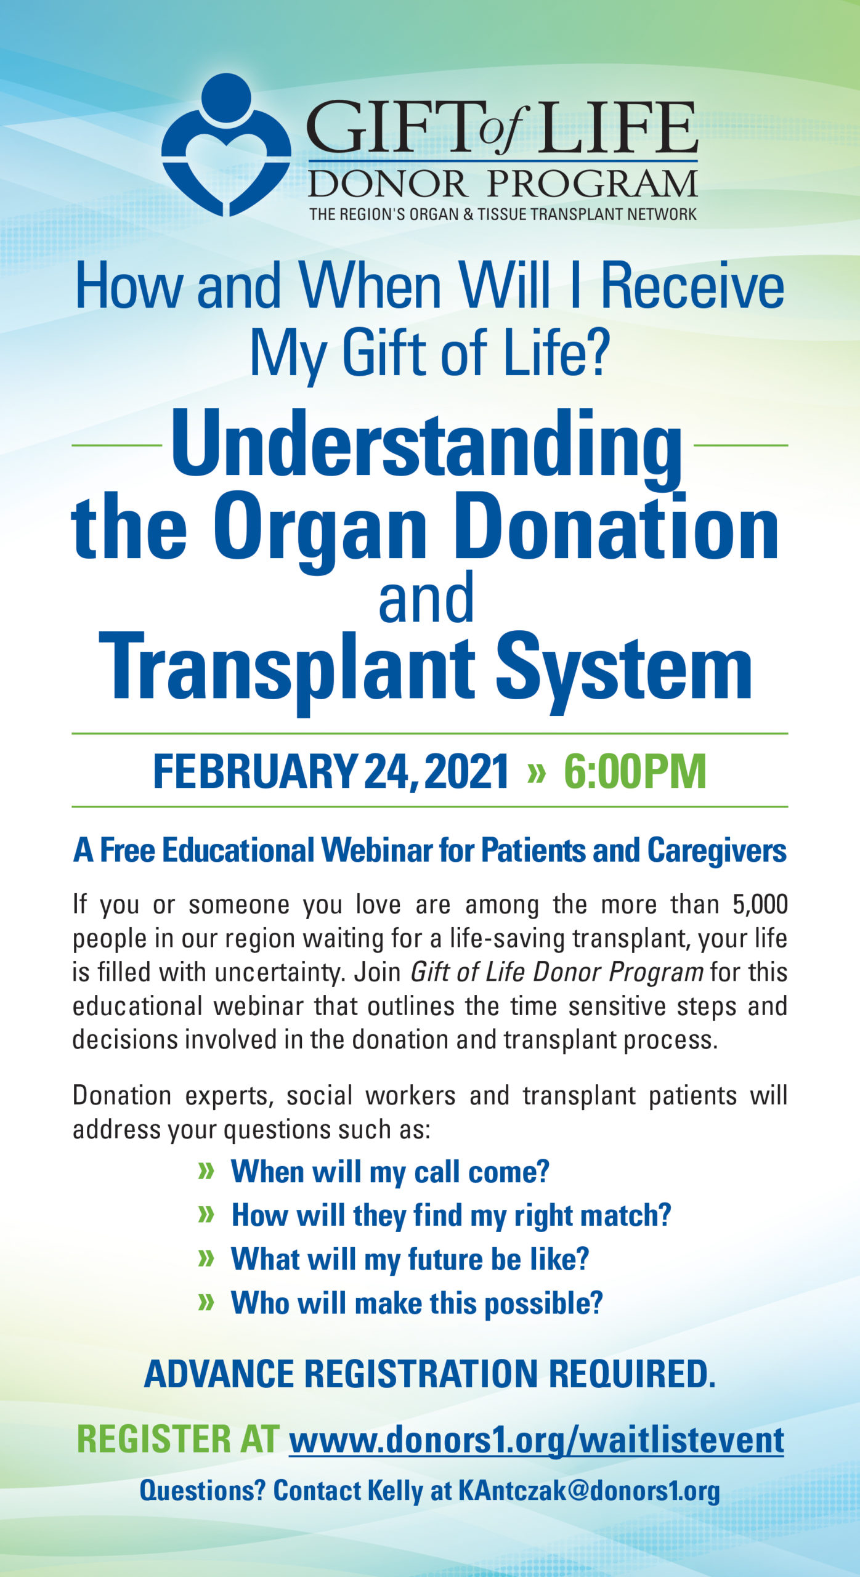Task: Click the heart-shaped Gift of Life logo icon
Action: coord(225,145)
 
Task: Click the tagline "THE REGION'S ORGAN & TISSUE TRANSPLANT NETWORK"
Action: coord(503,214)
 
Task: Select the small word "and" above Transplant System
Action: coord(426,598)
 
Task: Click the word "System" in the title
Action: coord(623,669)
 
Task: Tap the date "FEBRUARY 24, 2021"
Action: coord(331,771)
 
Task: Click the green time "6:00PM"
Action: coord(635,771)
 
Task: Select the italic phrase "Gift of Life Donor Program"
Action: coord(557,972)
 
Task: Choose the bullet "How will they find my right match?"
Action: coord(451,1215)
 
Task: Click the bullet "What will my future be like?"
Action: coord(410,1259)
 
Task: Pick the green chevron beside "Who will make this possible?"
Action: coord(206,1302)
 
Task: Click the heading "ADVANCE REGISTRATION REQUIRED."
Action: coord(430,1374)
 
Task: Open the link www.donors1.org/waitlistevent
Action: coord(537,1440)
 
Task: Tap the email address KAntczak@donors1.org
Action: coord(589,1491)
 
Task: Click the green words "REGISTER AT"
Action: coord(178,1439)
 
